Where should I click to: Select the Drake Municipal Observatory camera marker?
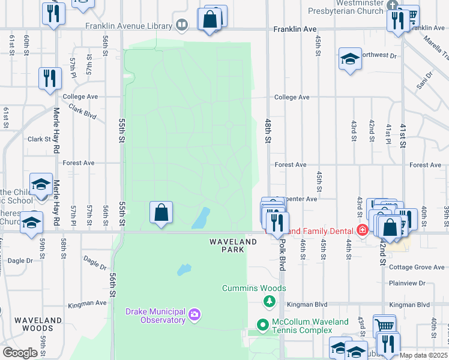(194, 314)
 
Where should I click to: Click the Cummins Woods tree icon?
(270, 301)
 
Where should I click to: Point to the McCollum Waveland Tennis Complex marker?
(262, 326)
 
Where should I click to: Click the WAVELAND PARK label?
(233, 246)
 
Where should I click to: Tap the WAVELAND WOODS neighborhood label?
(38, 324)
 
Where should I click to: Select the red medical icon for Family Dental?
(362, 230)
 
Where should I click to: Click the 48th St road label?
(268, 130)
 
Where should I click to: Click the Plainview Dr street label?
(406, 283)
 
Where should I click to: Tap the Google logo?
(20, 352)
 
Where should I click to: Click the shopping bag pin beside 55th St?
(161, 212)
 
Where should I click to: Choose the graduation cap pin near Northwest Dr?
(350, 59)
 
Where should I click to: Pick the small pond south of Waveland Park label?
(184, 270)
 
